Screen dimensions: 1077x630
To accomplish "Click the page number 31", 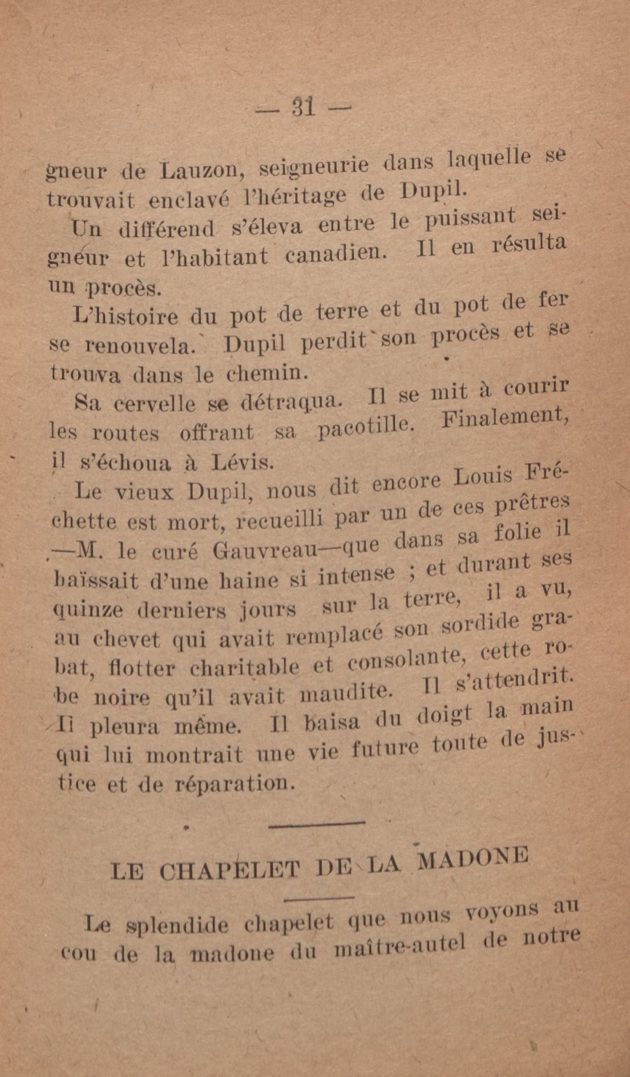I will click(303, 107).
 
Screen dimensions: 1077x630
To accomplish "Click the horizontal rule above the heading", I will click(316, 823).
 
